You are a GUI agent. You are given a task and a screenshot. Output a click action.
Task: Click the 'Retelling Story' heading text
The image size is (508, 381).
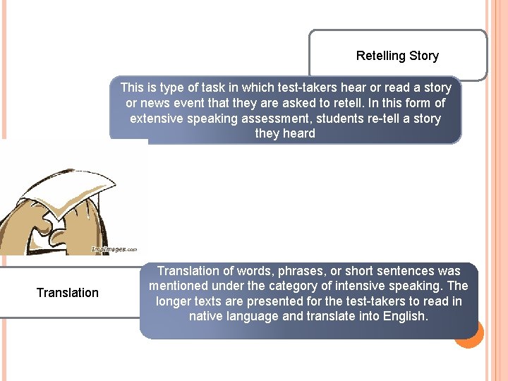[x=397, y=56]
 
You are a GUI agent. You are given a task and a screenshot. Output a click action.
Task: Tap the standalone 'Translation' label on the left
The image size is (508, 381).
[x=68, y=293]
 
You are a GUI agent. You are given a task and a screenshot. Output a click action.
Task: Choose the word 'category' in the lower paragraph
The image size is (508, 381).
[x=291, y=286]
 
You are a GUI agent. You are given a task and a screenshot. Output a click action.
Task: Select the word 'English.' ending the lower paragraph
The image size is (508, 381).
[x=405, y=316]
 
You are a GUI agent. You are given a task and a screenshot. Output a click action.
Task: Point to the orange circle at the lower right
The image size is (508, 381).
[x=469, y=334]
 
